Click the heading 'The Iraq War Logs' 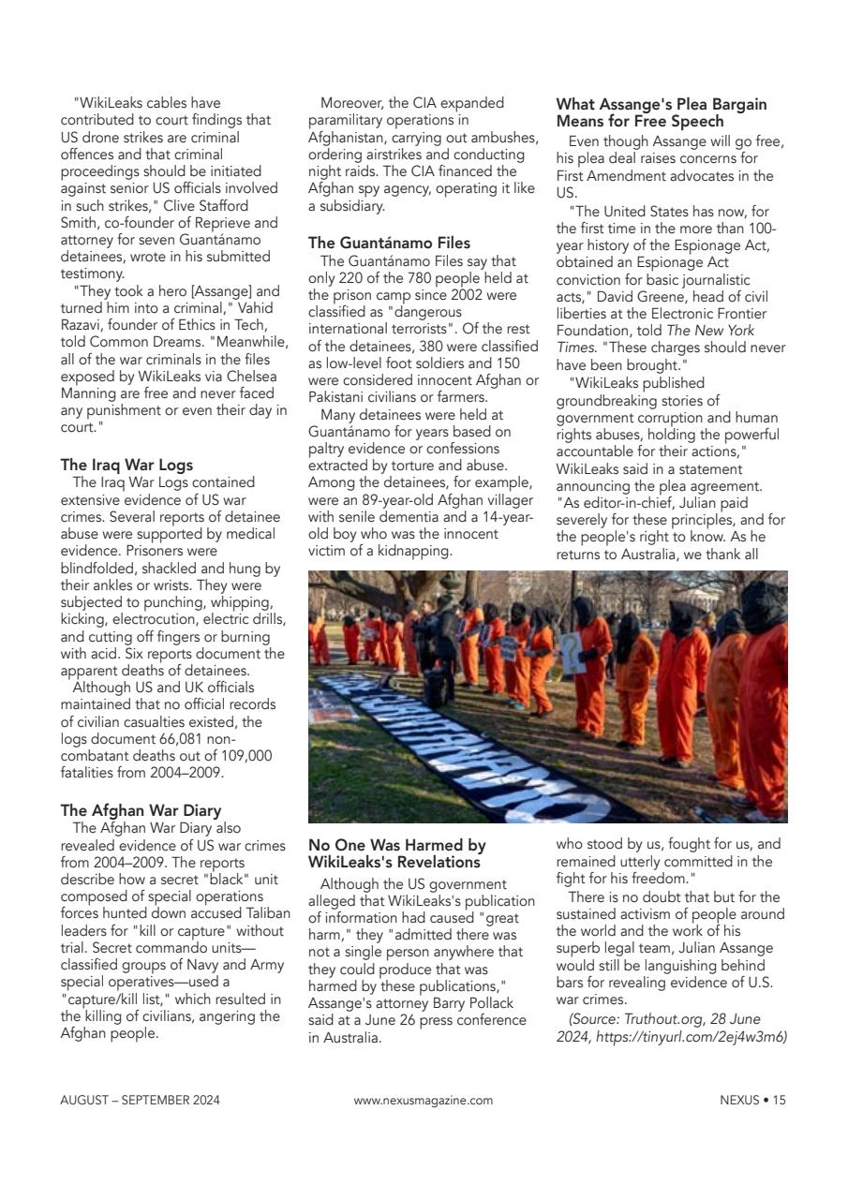point(126,465)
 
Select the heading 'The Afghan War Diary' point(141,810)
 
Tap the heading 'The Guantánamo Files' point(389,243)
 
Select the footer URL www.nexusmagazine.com point(423,1100)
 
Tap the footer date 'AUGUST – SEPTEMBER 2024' point(141,1100)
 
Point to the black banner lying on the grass point(469,759)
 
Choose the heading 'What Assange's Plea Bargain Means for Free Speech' point(662,112)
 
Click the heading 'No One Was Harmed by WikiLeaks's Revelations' point(397,852)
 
